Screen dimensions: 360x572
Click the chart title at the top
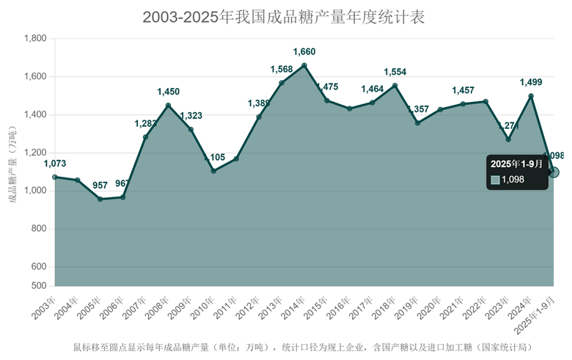point(284,17)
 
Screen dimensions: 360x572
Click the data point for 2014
point(304,65)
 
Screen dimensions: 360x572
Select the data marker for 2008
point(168,106)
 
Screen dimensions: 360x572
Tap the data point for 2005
point(100,199)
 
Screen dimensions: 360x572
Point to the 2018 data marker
point(395,86)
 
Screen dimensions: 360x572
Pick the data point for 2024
point(531,96)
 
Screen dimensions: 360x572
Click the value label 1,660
point(304,51)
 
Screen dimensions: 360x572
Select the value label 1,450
point(168,92)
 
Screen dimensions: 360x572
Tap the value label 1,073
point(55,164)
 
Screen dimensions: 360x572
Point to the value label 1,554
point(395,72)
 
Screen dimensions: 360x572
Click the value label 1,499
point(531,82)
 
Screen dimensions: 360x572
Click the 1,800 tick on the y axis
point(35,39)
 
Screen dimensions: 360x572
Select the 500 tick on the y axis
point(40,285)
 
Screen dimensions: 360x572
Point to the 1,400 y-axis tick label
point(35,115)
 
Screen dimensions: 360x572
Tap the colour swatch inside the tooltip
point(496,179)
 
